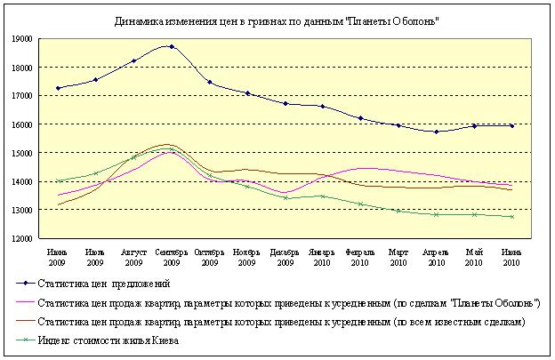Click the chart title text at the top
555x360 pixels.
pos(277,20)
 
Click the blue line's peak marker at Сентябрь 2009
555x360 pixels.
pos(172,46)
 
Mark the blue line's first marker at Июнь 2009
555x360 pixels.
pos(58,88)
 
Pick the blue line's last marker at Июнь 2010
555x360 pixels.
pos(511,126)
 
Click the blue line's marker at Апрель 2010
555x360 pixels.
pos(436,132)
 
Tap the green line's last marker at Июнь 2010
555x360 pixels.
pos(511,217)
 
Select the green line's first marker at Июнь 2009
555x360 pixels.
pos(58,181)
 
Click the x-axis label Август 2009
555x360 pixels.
pos(133,257)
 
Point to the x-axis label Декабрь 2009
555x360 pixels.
pos(285,257)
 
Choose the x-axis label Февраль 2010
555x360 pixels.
pos(360,257)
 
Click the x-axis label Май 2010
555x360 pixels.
pos(473,257)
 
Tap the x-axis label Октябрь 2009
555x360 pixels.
pos(209,257)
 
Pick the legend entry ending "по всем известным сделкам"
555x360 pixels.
pos(285,322)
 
